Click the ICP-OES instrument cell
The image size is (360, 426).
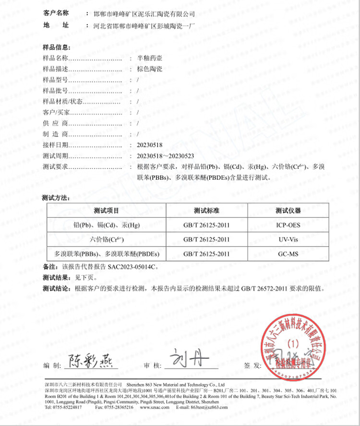click(x=288, y=225)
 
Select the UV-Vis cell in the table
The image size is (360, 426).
click(x=288, y=239)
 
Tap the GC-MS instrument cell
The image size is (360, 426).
click(x=288, y=253)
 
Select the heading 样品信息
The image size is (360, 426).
click(x=57, y=47)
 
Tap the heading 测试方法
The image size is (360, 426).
click(x=57, y=197)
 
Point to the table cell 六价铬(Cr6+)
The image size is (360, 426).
click(x=106, y=239)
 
